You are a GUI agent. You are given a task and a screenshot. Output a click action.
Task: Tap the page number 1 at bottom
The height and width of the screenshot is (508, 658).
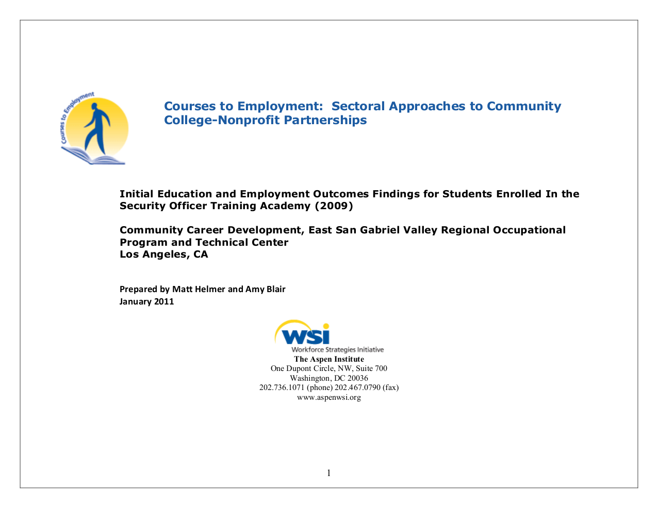point(328,473)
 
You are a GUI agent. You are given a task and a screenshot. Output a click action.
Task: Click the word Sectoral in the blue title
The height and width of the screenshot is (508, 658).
point(358,106)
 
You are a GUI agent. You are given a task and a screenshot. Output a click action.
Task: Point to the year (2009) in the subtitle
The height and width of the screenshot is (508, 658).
point(334,206)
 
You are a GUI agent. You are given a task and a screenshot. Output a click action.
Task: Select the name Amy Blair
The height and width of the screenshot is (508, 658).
point(265,289)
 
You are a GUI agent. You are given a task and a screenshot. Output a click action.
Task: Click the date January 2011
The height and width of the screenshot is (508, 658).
point(146,301)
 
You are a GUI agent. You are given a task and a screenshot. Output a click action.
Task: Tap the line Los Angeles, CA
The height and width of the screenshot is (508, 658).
point(163,254)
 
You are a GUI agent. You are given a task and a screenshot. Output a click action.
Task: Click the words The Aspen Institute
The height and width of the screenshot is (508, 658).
point(329,359)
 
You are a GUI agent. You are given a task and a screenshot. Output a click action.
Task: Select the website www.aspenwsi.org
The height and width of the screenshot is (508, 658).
point(329,397)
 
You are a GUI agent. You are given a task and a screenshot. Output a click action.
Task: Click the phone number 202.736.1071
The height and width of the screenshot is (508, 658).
point(282,387)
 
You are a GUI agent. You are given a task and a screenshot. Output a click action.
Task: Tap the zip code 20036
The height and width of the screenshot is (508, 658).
point(358,378)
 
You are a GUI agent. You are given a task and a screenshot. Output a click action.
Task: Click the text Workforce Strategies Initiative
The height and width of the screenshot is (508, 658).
point(338,350)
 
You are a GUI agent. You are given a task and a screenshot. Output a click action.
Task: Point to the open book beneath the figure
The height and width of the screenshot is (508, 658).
point(94,156)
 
